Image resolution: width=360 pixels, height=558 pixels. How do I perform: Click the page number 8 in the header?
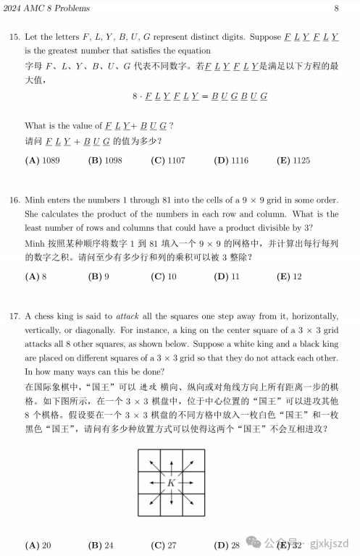point(337,9)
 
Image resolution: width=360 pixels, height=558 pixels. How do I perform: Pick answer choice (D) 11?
point(231,276)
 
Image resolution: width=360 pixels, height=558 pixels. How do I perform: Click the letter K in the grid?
point(172,482)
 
